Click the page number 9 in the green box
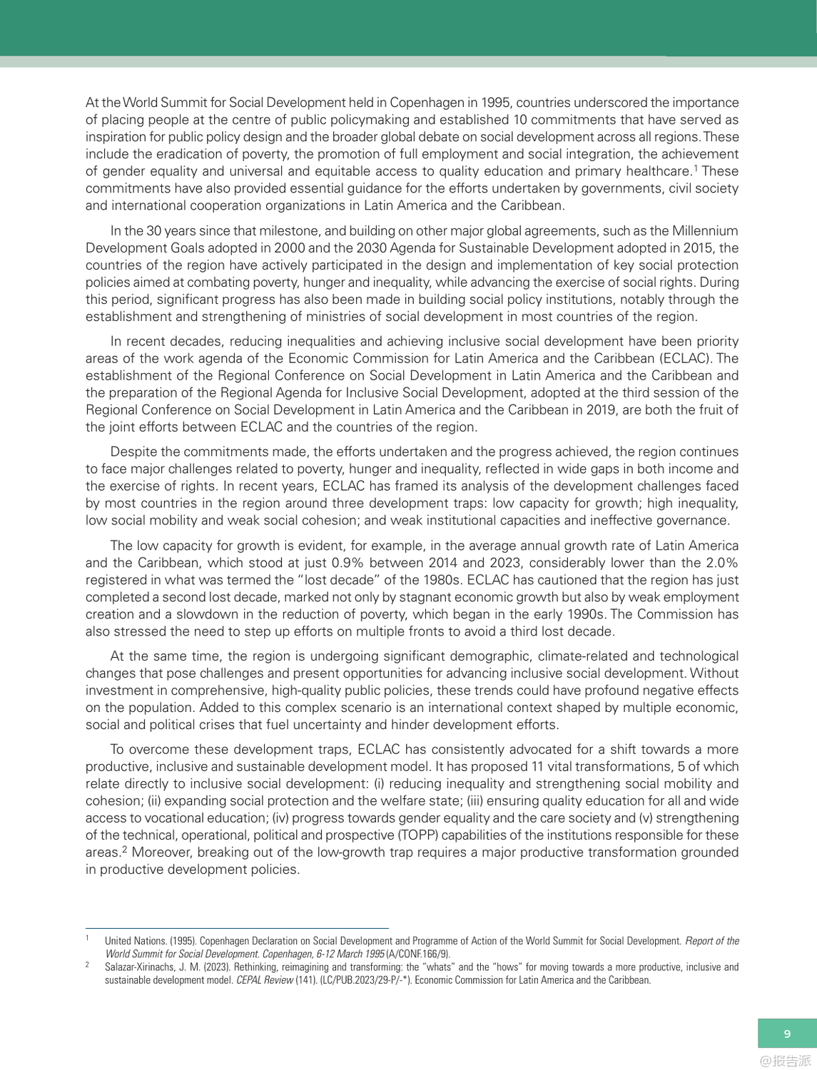(787, 1034)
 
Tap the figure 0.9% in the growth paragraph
(349, 563)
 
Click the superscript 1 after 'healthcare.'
(696, 168)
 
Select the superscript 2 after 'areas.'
(125, 849)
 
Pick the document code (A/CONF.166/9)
(418, 954)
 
